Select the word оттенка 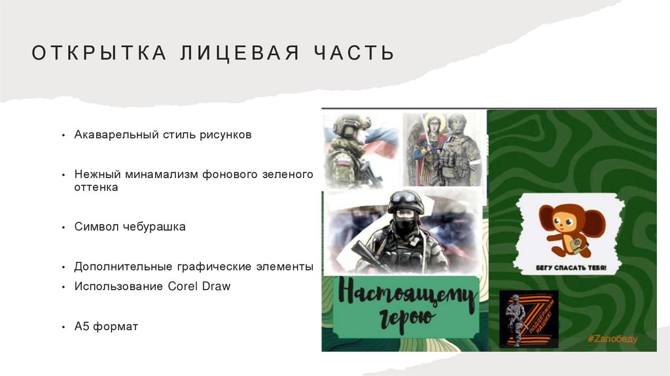[x=96, y=187]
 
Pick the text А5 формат [x=106, y=326]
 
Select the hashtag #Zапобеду [x=612, y=339]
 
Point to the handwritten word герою [x=406, y=318]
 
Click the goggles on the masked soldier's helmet [x=406, y=197]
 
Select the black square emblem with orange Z [x=529, y=318]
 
